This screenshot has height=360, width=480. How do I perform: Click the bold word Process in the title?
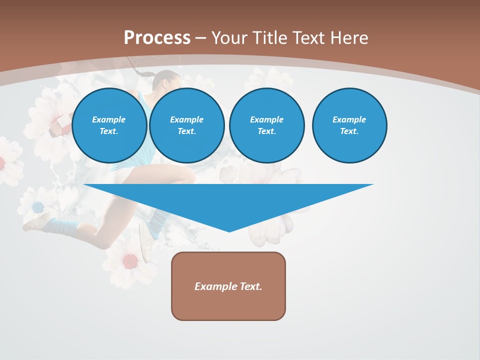[157, 38]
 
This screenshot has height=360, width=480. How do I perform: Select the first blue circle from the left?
[109, 125]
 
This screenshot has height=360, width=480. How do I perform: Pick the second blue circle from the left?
[186, 125]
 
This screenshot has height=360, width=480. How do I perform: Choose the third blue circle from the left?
[266, 125]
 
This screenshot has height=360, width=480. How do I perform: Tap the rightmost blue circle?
[349, 125]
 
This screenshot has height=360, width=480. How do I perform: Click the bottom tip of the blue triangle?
[229, 230]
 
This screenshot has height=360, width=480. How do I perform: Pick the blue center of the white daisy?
[38, 206]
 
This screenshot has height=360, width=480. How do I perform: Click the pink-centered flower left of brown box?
[130, 260]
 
